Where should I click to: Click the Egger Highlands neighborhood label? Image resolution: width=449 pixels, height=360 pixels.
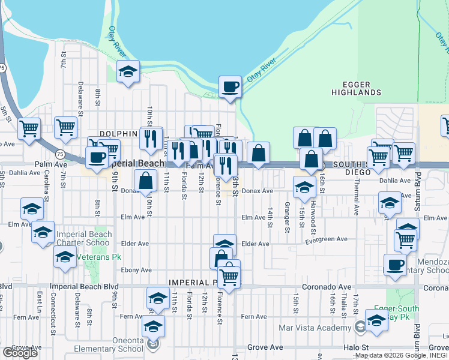point(356,88)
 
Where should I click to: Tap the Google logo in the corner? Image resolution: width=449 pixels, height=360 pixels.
point(20,352)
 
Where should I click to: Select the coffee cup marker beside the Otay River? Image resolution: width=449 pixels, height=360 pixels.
point(230,87)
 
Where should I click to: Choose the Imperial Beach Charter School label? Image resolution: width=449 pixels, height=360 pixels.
point(83,238)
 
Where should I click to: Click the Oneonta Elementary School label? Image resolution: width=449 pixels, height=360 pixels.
point(109,344)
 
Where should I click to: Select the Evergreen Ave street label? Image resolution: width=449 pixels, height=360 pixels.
point(327,239)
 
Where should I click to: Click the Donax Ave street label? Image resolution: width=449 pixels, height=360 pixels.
point(258,191)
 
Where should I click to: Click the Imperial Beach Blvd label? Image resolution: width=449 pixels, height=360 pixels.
point(85,287)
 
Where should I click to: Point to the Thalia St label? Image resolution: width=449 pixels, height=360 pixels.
point(343,307)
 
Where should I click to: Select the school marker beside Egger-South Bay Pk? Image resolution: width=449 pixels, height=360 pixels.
point(376,320)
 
